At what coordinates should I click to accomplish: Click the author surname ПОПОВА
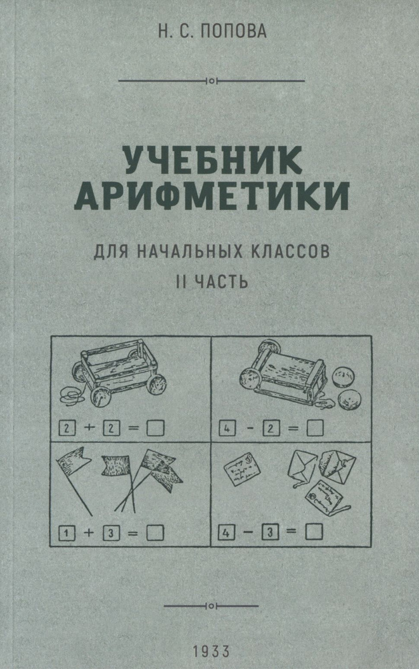coord(233,31)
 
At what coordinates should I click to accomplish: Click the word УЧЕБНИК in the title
coord(213,160)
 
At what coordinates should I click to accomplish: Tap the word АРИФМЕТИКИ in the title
coord(212,196)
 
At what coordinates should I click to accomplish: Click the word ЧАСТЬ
coord(221,281)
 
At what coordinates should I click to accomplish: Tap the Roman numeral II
coord(181,281)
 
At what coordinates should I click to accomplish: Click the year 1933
coord(211,652)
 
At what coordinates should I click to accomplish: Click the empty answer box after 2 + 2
coord(155,428)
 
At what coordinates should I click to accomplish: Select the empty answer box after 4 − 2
coord(315,428)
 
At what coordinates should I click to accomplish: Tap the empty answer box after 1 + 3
coord(155,533)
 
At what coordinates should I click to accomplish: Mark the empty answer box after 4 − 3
coord(313,532)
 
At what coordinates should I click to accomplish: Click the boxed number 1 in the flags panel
coord(66,533)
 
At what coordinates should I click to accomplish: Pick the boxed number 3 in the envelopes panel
coord(270,532)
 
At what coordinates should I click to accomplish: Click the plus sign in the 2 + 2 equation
coord(89,427)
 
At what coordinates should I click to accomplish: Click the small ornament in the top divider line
coord(212,80)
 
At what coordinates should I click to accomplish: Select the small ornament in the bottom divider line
coord(211,605)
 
